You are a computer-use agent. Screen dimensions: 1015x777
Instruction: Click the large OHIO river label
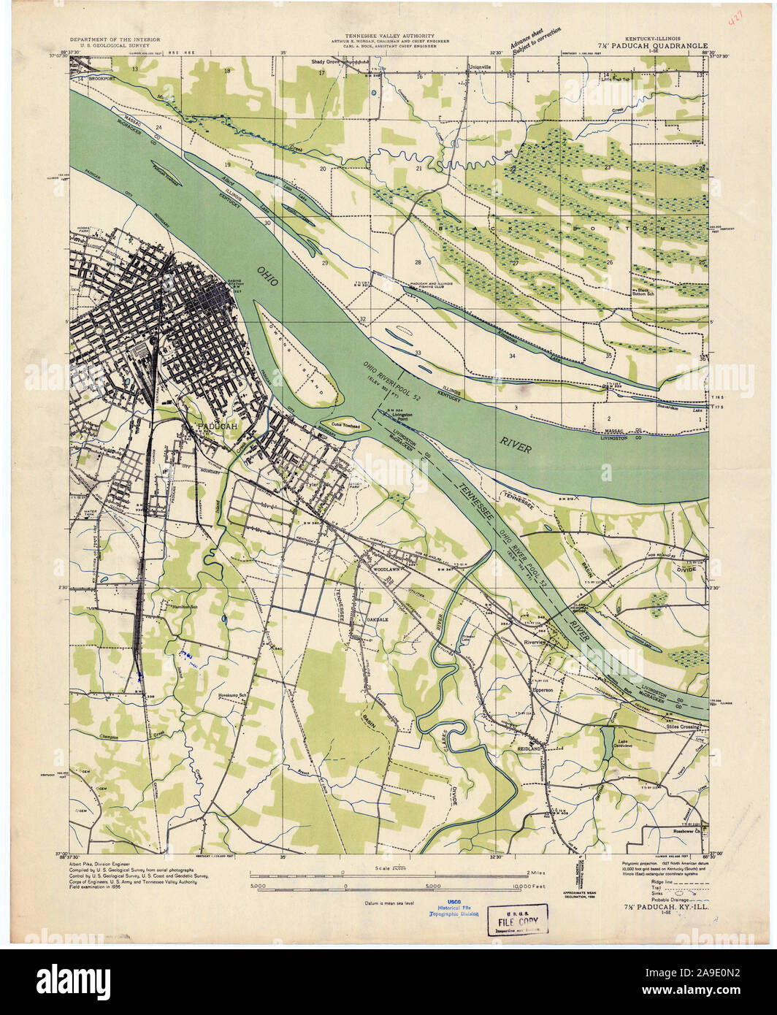pyautogui.click(x=269, y=280)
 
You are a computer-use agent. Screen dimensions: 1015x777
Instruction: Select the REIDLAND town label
pyautogui.click(x=529, y=749)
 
